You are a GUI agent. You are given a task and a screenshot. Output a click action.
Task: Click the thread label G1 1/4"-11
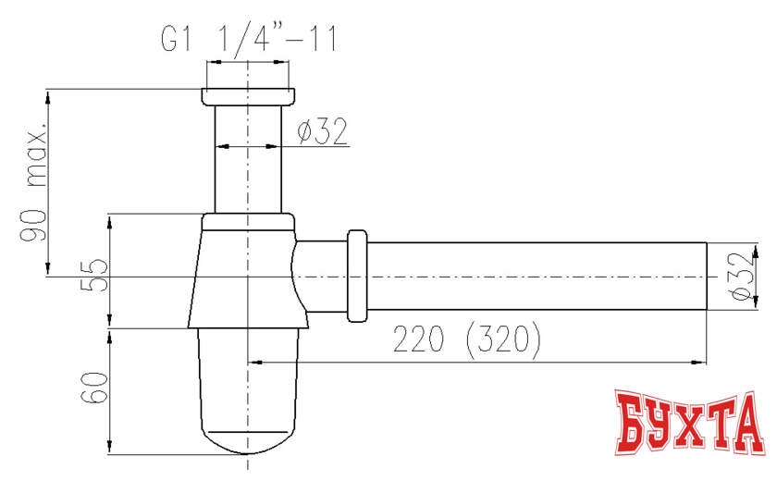pos(247,40)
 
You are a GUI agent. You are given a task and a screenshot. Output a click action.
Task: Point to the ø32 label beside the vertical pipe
pos(322,133)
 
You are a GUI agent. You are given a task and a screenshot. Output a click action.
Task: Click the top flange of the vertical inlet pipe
pos(247,96)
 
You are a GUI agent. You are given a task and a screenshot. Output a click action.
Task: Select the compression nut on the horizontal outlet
pos(358,276)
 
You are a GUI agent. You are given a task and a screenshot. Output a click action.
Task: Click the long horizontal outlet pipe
pos(536,276)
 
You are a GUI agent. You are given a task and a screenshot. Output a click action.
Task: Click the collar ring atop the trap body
pos(247,220)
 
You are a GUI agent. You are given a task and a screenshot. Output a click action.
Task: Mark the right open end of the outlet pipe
pos(706,276)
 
